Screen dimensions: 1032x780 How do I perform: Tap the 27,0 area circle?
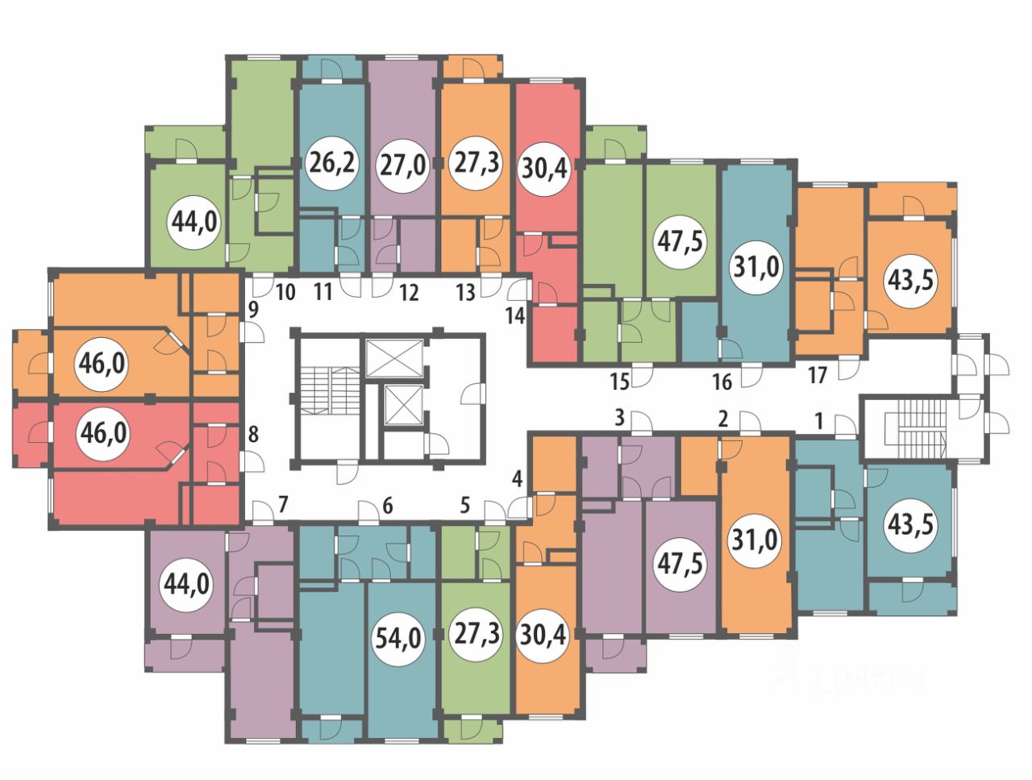point(403,166)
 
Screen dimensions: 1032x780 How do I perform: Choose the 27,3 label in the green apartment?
point(476,634)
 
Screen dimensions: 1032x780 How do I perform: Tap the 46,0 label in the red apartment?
point(103,433)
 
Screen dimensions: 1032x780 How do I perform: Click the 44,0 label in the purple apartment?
point(187,586)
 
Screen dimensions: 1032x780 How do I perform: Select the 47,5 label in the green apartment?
point(680,242)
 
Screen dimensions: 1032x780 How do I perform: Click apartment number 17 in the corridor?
point(818,375)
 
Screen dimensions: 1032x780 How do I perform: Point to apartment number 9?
point(253,311)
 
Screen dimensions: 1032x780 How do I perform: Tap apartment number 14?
point(515,315)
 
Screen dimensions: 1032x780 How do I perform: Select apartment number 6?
point(388,507)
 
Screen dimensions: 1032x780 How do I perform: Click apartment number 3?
point(620,418)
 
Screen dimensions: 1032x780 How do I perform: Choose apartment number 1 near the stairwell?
point(818,422)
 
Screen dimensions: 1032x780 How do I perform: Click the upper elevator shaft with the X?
point(394,358)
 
